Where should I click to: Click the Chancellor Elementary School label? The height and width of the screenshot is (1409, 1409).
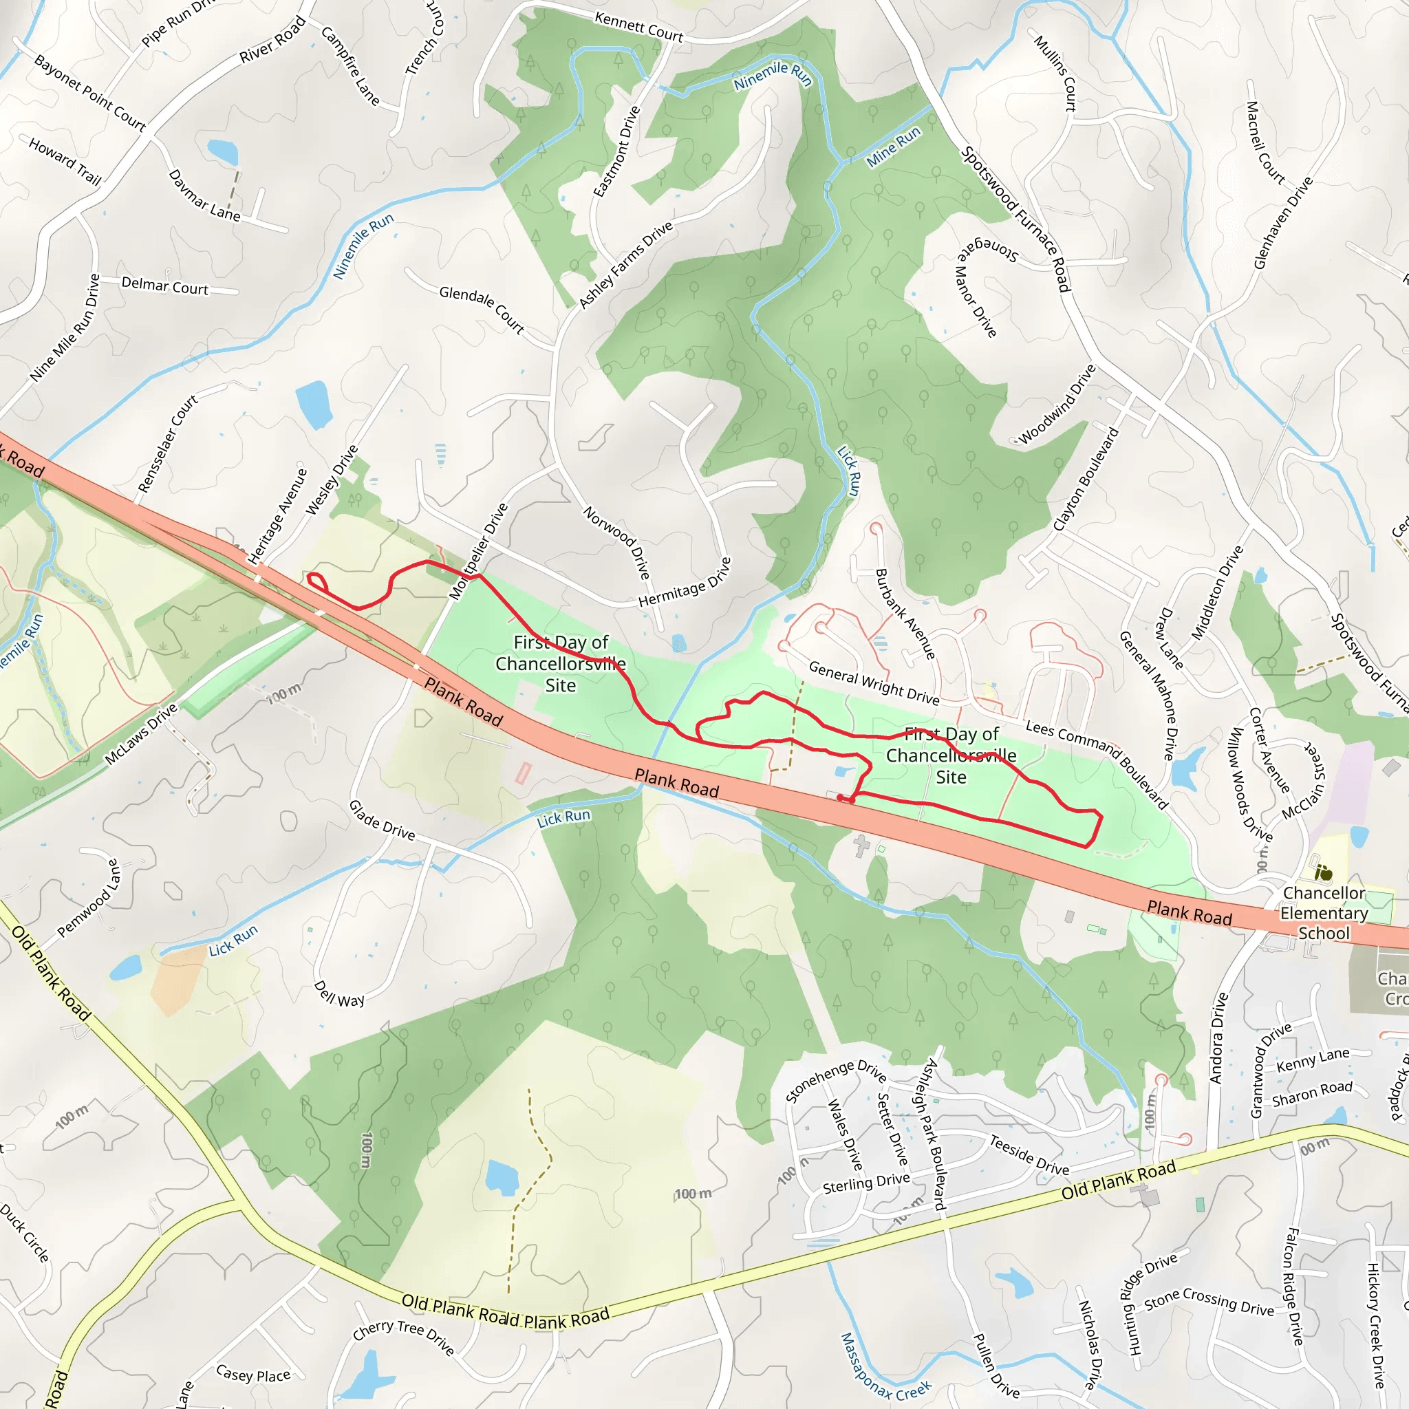1324,912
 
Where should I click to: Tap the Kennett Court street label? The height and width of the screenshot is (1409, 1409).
639,27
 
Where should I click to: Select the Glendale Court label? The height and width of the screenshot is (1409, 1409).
482,309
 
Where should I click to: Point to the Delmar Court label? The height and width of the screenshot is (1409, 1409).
165,286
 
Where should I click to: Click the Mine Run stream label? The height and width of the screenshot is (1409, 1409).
894,147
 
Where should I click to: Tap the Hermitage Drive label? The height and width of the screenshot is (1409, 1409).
684,583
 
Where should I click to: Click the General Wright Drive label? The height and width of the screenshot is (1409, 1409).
874,682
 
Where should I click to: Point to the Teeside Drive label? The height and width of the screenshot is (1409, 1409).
1029,1155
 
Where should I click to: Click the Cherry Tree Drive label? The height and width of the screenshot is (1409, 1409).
404,1339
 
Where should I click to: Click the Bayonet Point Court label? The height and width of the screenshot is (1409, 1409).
89,93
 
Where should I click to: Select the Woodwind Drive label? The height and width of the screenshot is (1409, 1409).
1057,404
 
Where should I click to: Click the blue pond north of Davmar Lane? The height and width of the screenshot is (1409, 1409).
222,151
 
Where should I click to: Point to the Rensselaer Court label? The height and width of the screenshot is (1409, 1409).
168,444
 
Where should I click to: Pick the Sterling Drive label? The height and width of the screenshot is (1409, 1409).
866,1183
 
